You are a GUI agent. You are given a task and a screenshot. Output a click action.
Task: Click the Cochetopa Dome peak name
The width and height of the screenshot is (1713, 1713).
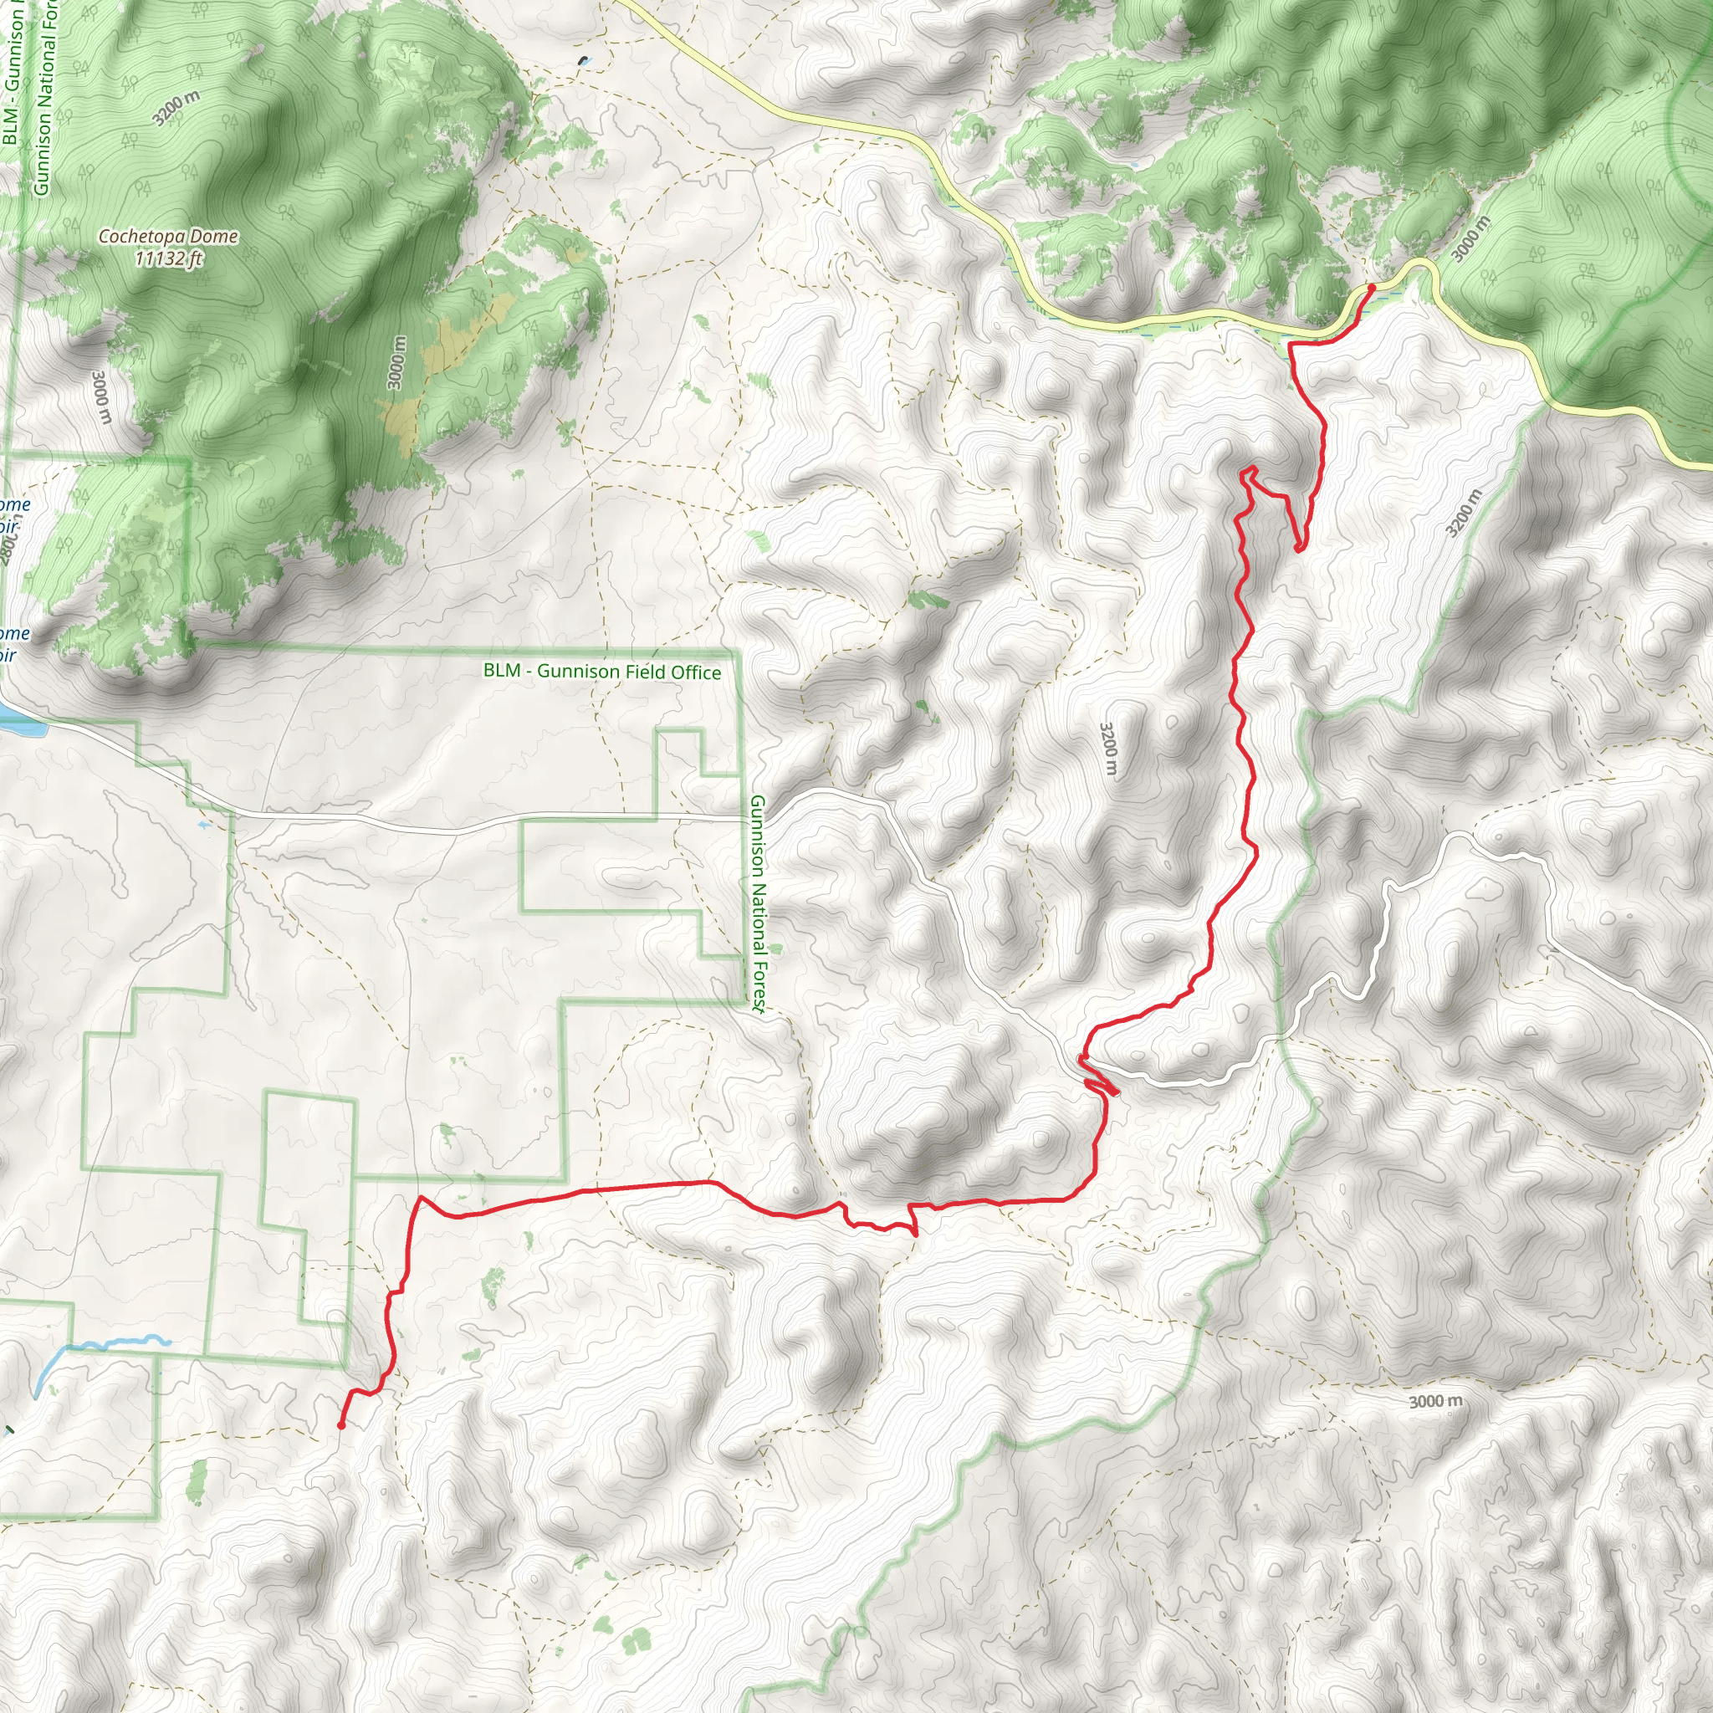pyautogui.click(x=167, y=236)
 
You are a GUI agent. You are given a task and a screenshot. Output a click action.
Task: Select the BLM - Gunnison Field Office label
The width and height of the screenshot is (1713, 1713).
pyautogui.click(x=601, y=671)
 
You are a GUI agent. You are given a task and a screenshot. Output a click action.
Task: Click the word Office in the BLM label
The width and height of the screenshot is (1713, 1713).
pyautogui.click(x=696, y=673)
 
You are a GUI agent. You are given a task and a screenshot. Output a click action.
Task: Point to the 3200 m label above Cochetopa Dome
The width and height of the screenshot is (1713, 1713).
pyautogui.click(x=176, y=108)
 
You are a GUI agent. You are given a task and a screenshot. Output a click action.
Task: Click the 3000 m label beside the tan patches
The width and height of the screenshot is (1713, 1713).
pyautogui.click(x=397, y=361)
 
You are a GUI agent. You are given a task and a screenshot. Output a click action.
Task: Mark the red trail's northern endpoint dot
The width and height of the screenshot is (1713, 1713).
pyautogui.click(x=1372, y=287)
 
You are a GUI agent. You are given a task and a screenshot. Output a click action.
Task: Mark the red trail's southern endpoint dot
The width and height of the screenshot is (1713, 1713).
pyautogui.click(x=341, y=1426)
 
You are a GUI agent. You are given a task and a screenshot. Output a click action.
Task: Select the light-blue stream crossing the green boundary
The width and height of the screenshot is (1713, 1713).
pyautogui.click(x=106, y=1344)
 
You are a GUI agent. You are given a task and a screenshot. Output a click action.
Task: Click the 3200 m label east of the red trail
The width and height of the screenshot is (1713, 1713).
pyautogui.click(x=1463, y=514)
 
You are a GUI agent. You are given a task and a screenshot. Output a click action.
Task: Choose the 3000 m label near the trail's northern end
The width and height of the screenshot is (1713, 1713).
pyautogui.click(x=1472, y=239)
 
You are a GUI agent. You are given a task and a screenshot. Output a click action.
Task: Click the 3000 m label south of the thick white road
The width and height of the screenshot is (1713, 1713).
pyautogui.click(x=1435, y=1401)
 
